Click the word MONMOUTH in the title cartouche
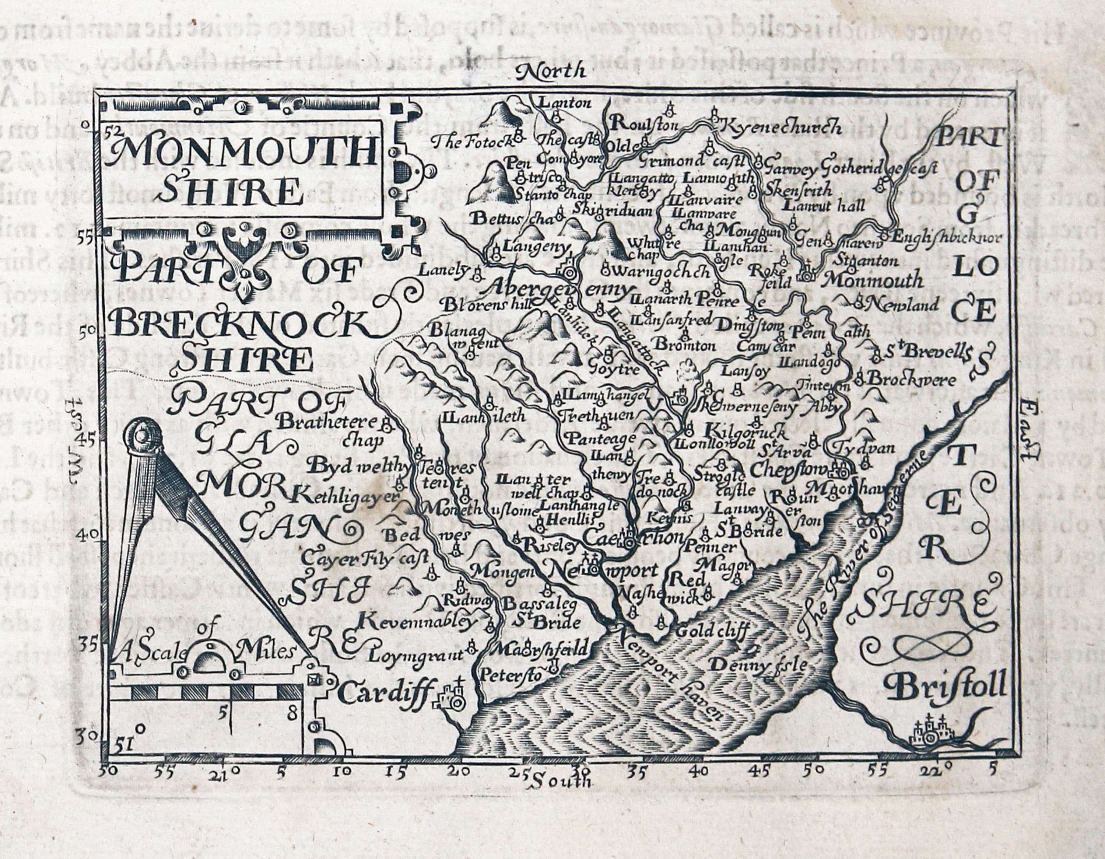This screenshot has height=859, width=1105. click(x=243, y=150)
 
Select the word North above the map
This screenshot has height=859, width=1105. click(x=551, y=71)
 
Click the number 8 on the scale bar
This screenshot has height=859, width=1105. click(x=291, y=714)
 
